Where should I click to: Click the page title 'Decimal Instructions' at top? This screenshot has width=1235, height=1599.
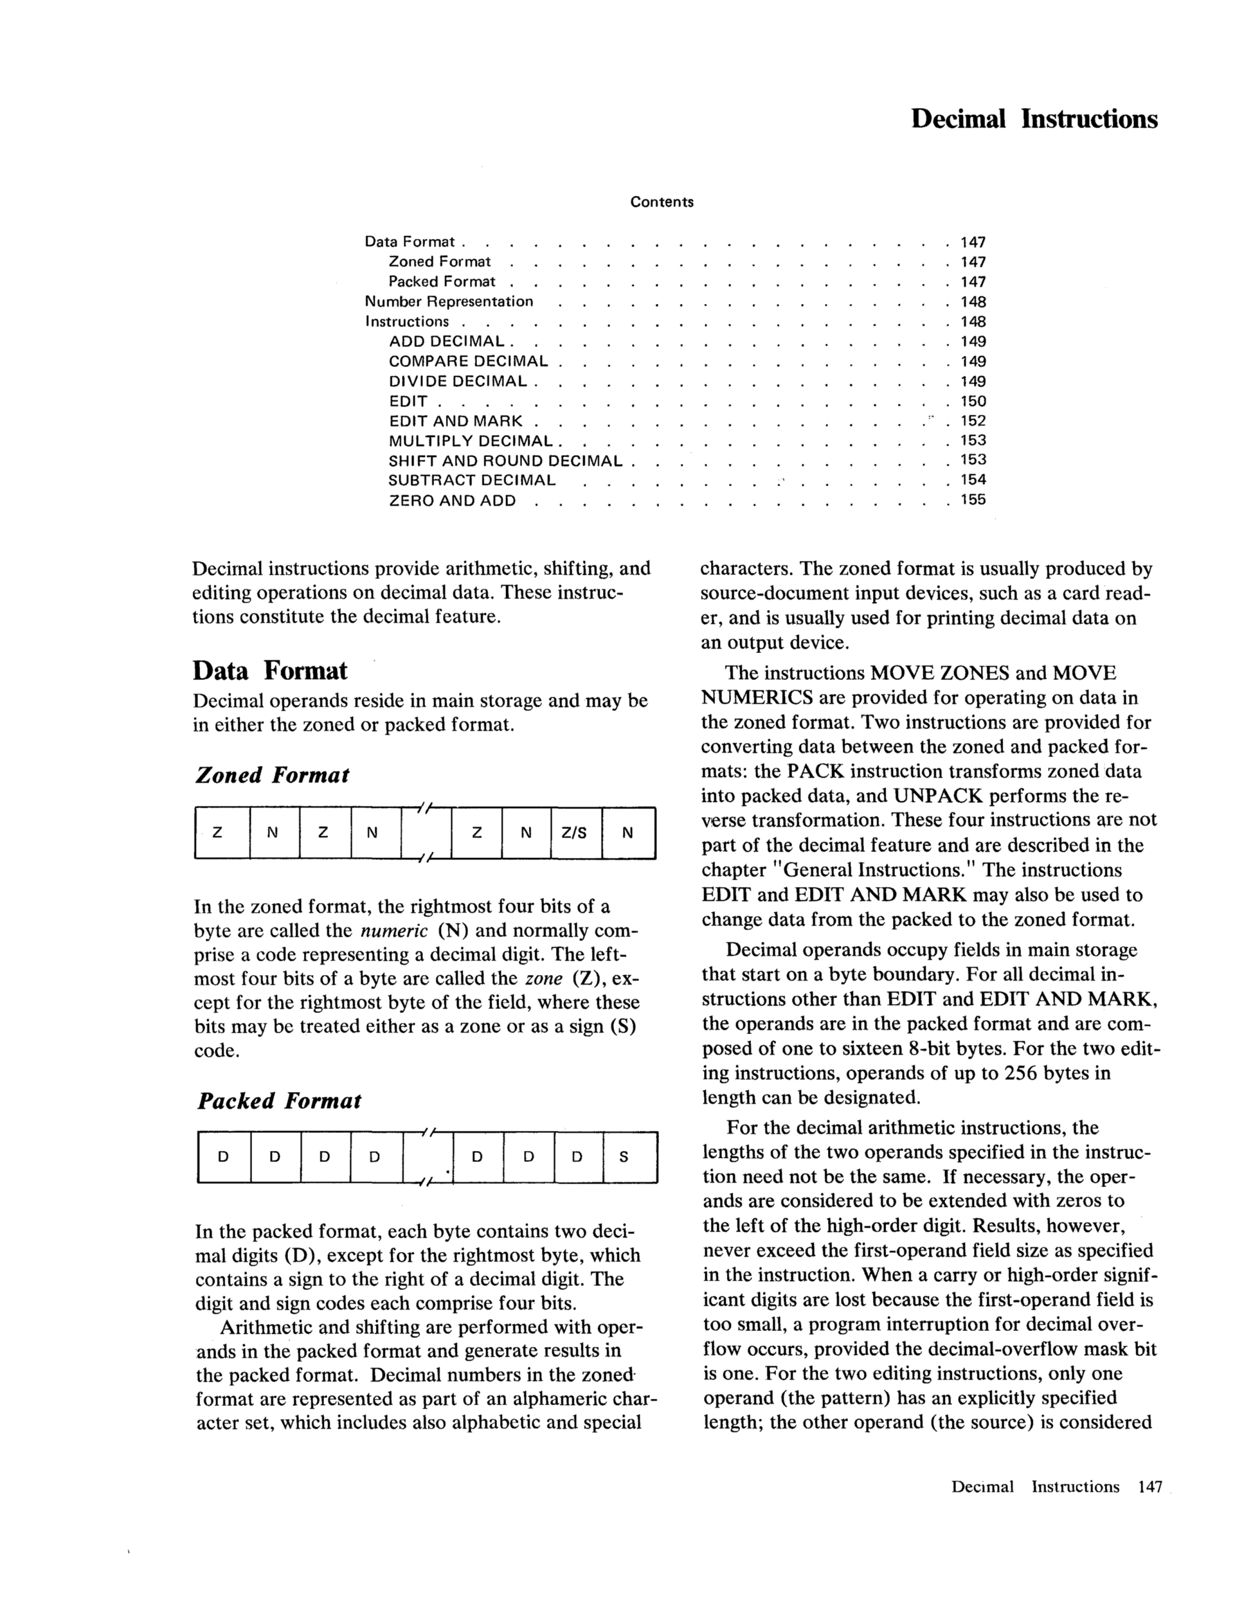pos(1034,118)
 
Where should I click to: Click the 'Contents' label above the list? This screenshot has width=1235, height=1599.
pos(662,202)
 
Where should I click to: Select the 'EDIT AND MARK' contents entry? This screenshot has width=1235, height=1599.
pos(456,421)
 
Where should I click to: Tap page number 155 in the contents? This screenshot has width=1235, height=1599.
pos(973,500)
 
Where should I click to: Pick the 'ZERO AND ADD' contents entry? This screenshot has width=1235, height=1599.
pos(451,501)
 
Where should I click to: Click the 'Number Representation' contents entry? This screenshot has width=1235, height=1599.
pos(449,302)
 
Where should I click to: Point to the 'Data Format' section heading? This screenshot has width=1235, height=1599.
pos(269,670)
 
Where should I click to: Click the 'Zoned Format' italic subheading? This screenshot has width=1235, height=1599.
pos(271,775)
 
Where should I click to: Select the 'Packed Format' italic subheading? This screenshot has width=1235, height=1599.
pos(278,1100)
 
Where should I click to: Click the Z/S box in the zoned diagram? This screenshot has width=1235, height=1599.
pos(574,832)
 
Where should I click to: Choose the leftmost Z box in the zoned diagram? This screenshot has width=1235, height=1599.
pos(217,832)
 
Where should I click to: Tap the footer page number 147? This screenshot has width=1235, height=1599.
pos(1150,1486)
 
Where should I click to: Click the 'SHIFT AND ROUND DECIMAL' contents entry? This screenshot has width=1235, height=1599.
pos(505,461)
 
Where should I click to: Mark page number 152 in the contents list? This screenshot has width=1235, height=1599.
pos(973,421)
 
